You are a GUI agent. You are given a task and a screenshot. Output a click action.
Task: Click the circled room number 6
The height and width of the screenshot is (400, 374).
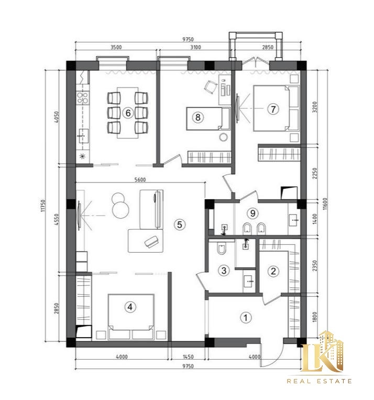[128, 113]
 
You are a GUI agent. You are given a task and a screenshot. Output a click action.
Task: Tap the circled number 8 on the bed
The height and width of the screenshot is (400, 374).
[197, 117]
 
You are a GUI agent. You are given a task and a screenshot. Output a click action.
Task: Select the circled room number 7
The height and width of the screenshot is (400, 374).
[273, 109]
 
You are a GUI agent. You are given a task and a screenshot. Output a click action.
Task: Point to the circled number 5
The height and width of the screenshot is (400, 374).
[180, 225]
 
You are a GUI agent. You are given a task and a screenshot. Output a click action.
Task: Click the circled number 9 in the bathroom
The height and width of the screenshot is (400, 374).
[252, 213]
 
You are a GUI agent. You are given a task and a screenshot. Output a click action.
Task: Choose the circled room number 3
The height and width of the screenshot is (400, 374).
[224, 270]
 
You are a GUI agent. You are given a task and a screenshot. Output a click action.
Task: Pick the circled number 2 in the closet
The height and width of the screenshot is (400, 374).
[273, 271]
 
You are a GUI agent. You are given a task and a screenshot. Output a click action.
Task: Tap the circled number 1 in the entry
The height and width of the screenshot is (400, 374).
[246, 318]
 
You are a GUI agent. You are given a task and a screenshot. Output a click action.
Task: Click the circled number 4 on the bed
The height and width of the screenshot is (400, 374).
[130, 307]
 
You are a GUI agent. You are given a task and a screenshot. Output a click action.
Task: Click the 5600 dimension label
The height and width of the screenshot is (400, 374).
[140, 180]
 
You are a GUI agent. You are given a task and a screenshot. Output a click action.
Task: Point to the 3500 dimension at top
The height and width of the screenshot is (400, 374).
[116, 47]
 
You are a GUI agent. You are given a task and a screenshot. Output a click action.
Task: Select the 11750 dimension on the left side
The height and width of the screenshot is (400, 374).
[43, 206]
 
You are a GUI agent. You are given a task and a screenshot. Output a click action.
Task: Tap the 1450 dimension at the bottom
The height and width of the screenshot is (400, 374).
[188, 356]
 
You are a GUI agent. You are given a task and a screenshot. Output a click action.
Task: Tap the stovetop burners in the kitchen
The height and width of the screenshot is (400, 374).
[83, 98]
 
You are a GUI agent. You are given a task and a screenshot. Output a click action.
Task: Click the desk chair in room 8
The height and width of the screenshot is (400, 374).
[211, 87]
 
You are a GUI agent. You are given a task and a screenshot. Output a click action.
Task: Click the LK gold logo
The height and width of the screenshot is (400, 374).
[323, 352]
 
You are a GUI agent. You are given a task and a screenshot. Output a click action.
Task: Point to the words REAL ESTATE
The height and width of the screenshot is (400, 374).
[319, 381]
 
